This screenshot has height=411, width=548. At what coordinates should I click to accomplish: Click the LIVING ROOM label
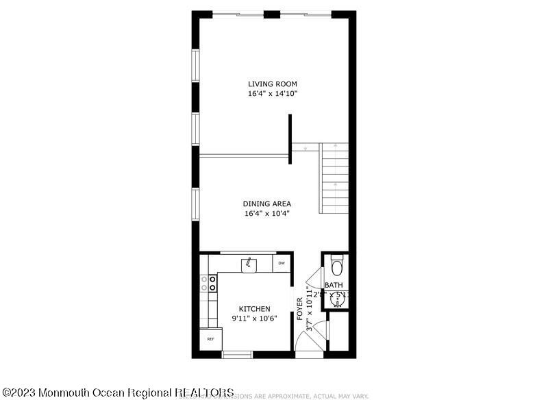[273, 84]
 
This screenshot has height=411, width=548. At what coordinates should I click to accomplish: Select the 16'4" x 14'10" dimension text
[273, 93]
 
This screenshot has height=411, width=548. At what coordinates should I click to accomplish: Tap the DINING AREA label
[267, 203]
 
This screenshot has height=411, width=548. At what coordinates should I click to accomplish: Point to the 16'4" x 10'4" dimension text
[267, 213]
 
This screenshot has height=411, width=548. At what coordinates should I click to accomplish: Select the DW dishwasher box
[282, 263]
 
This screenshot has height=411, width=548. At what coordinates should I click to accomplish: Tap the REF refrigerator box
[211, 339]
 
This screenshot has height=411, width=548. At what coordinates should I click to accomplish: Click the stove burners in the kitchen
[208, 284]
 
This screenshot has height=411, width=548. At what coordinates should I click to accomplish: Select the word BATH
[334, 285]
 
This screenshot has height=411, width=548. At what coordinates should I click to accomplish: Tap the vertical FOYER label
[300, 308]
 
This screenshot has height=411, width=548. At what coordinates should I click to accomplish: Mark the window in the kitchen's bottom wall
[238, 354]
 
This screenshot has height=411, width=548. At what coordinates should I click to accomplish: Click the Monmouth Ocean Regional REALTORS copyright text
[118, 393]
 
